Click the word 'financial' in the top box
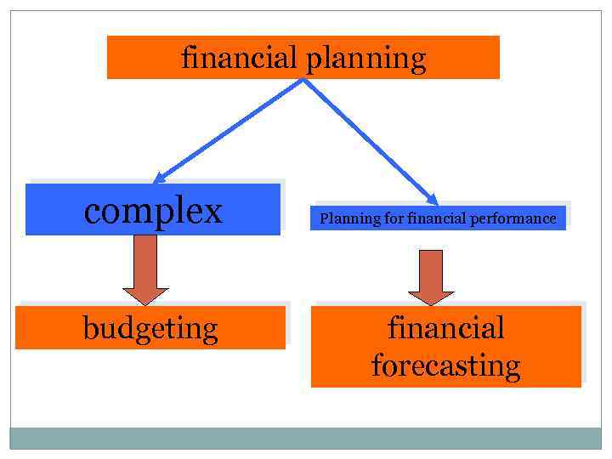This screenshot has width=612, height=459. click(238, 58)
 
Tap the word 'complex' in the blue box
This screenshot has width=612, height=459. click(153, 210)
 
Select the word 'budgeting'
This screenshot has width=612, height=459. click(150, 328)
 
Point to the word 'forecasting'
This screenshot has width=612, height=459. click(445, 366)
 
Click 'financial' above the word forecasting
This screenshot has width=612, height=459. click(445, 327)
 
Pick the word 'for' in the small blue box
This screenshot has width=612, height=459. click(394, 219)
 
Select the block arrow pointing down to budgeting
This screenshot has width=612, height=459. click(146, 269)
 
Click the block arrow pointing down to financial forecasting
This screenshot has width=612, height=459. click(432, 276)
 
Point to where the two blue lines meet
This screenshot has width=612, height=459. click(303, 80)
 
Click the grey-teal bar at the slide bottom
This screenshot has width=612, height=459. click(306, 438)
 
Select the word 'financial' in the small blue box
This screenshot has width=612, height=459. click(437, 219)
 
